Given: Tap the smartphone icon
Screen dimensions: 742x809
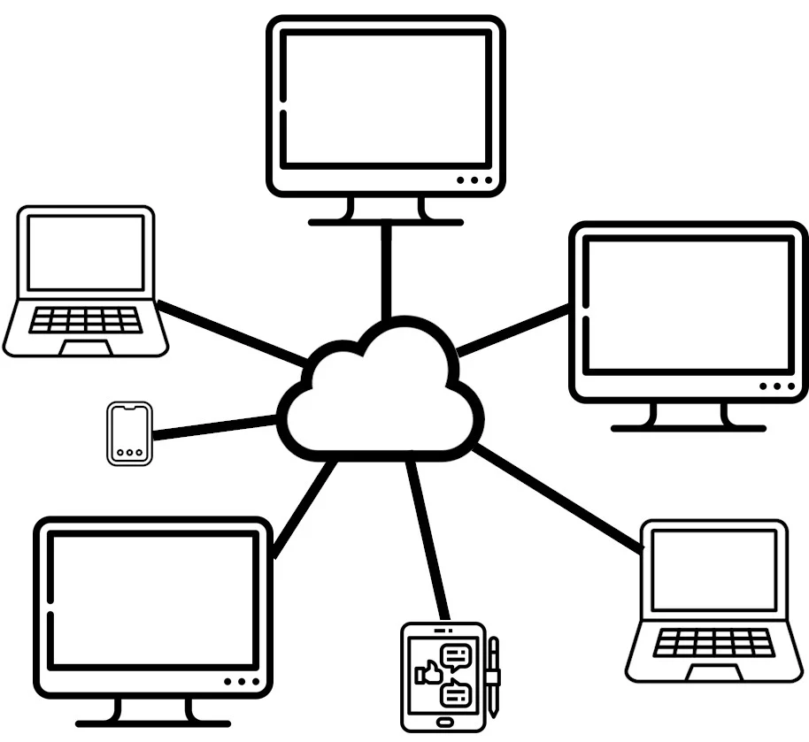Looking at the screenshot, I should click(x=130, y=432).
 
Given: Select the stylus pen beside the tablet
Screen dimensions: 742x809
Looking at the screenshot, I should click(x=493, y=676).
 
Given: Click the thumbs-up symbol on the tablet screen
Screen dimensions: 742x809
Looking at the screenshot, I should click(x=431, y=673).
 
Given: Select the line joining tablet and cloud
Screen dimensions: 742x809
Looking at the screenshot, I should click(x=426, y=539).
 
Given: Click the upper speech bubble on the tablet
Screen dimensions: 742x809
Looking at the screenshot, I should click(x=458, y=655).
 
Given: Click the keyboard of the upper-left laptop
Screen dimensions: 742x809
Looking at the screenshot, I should click(x=85, y=320).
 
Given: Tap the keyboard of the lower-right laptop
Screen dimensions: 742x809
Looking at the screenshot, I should click(x=713, y=643).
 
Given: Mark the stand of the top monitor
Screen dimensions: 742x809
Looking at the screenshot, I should click(x=386, y=212).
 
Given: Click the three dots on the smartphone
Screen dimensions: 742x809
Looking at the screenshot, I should click(x=130, y=452).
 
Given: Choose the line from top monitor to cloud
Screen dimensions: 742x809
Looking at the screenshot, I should click(x=386, y=270).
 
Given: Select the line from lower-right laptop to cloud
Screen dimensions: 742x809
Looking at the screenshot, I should click(x=558, y=501).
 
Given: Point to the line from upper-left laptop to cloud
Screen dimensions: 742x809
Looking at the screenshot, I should click(x=232, y=333).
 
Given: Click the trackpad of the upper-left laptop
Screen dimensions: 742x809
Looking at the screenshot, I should click(x=86, y=346).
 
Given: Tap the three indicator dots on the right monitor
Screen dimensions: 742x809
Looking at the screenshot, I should click(x=777, y=386).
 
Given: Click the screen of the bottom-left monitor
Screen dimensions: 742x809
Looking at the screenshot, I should click(x=153, y=600).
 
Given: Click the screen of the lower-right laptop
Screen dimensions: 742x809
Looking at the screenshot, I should click(x=713, y=570).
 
